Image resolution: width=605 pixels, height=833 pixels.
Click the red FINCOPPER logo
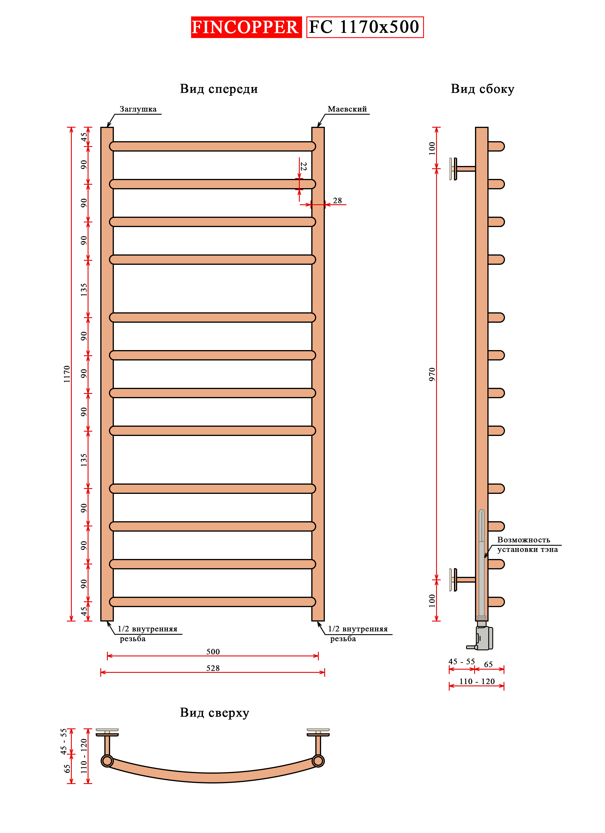pos(246,27)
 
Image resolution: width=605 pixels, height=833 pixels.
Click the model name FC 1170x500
pos(364,27)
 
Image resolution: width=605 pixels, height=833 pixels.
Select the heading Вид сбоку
pos(482,89)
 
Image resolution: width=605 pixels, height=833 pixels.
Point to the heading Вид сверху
pos(214,713)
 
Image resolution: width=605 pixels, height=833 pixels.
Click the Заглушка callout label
pos(138,109)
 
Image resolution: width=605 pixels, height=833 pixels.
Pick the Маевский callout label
pos(347,109)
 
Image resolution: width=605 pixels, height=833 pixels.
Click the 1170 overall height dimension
pos(67,374)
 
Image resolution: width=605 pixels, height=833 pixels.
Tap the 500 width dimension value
pos(213,651)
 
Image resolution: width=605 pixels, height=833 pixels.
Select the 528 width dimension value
pos(213,668)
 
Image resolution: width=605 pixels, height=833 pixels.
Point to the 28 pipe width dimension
pos(337,201)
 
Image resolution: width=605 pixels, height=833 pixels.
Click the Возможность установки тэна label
pos(527,545)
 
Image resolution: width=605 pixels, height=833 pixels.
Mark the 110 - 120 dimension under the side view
pos(476,682)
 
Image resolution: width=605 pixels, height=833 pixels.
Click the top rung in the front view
pos(212,146)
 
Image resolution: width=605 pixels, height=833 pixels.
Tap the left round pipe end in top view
pos(107,761)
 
